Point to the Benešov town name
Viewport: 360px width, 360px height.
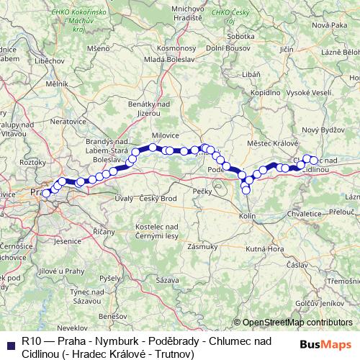pyautogui.click(x=113, y=316)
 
